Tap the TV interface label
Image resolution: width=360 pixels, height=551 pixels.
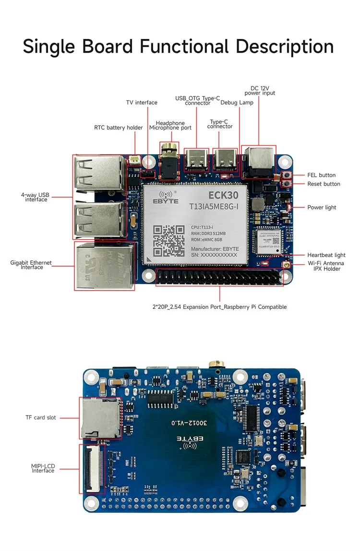(142, 102)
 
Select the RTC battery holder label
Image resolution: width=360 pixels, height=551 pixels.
(119, 128)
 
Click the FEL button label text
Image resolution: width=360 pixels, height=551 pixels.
(321, 175)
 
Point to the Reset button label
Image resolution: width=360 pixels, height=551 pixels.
(324, 184)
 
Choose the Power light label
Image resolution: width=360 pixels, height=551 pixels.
(322, 208)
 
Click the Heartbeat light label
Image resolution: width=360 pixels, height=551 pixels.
(326, 255)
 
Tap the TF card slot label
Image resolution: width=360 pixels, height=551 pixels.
(41, 418)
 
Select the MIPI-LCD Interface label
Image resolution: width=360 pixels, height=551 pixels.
(43, 468)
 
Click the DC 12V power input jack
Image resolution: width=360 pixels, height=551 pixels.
(258, 161)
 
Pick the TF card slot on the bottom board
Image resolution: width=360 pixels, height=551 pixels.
(100, 418)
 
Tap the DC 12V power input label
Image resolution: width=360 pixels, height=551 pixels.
(260, 91)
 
